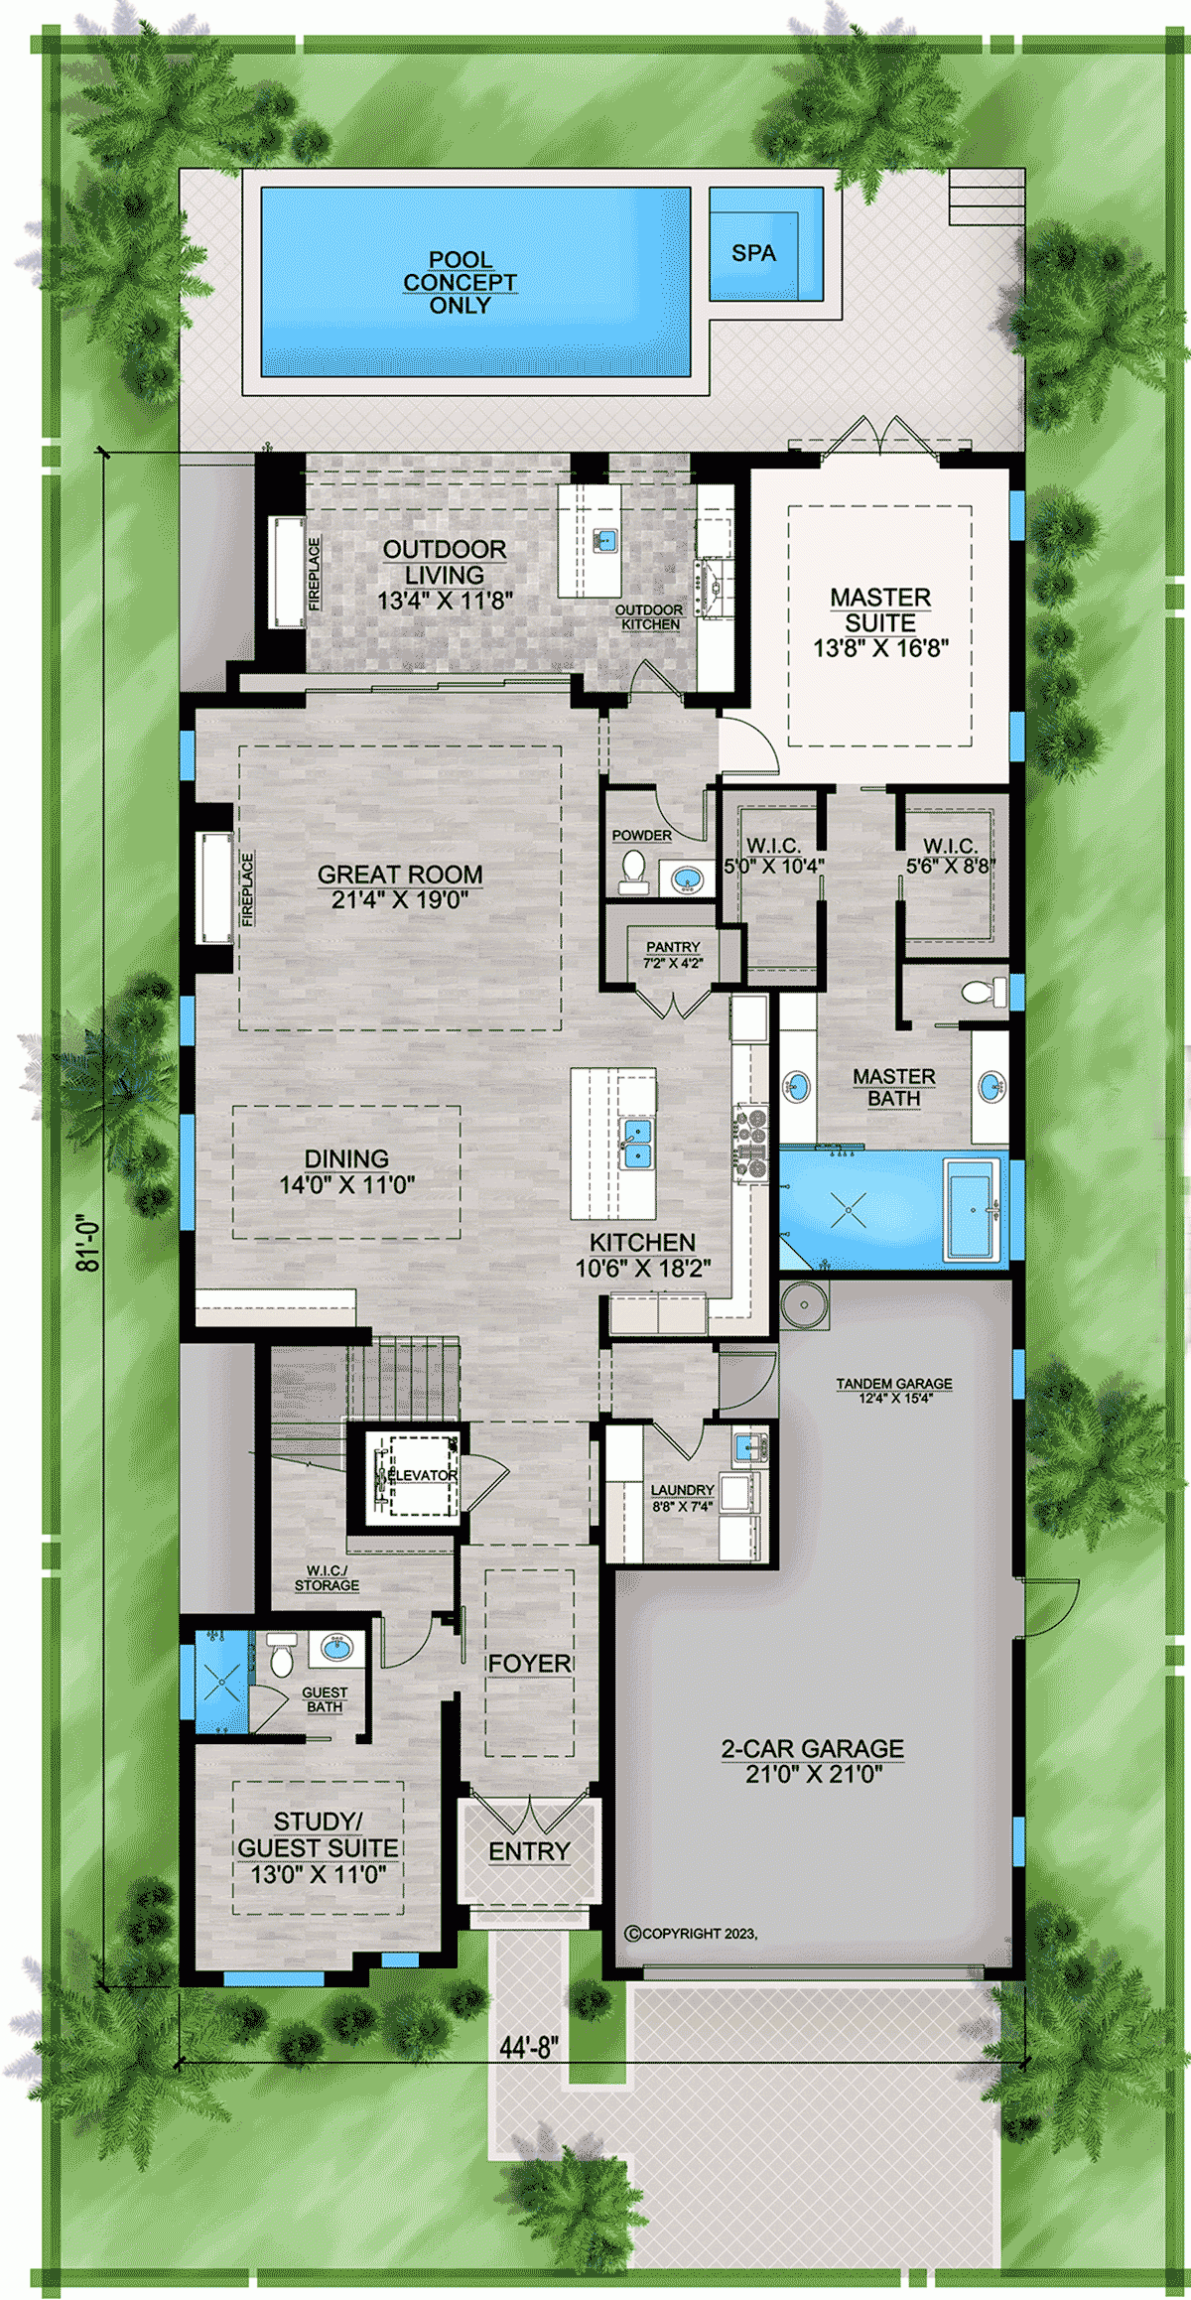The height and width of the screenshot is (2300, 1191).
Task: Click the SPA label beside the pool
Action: pos(753,253)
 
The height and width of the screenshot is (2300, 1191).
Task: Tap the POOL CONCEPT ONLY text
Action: pos(460,283)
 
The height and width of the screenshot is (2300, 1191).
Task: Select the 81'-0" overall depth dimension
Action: pos(89,1243)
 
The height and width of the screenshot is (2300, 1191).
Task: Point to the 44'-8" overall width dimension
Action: pos(529,2047)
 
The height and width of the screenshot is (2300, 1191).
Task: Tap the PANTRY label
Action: pos(673,947)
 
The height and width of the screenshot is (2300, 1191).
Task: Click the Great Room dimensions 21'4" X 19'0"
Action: pos(400,900)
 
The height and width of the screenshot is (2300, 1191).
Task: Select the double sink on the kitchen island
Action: pos(635,1144)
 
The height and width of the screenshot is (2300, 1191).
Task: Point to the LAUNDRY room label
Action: pos(682,1490)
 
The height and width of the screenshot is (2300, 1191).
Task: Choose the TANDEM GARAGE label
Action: pos(893,1384)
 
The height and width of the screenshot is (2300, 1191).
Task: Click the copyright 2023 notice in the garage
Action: pos(691,1933)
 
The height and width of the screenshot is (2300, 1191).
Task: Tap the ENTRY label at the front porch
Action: pos(529,1851)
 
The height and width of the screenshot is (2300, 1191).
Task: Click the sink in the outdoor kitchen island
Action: pos(605,540)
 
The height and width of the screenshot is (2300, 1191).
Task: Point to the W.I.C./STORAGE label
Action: pos(327,1578)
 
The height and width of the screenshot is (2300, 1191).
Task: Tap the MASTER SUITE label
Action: pos(880,609)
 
